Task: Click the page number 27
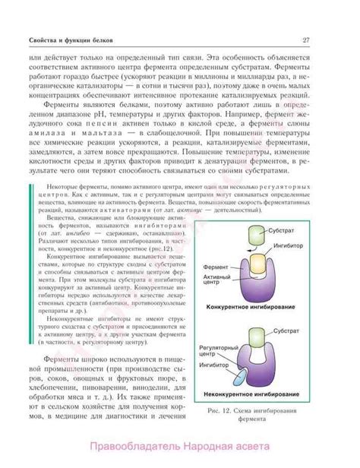(305, 40)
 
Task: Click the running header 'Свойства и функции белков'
(72, 40)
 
